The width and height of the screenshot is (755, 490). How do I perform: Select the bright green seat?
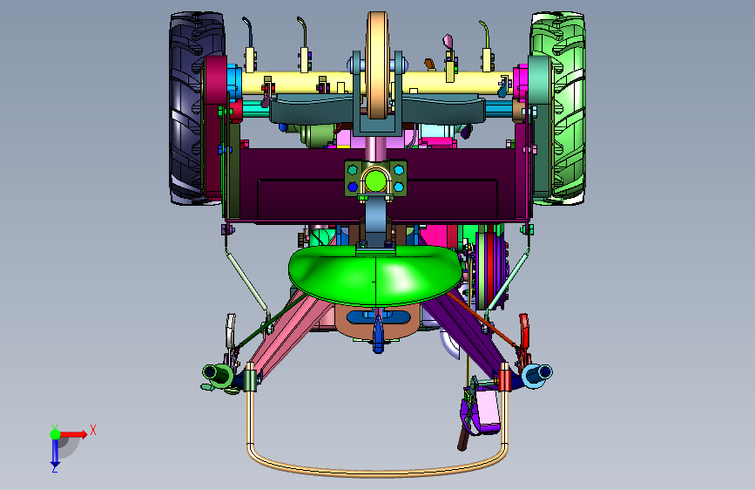tap(374, 275)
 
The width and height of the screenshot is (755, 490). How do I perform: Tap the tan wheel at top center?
tap(376, 65)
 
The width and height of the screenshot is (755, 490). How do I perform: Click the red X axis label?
tap(93, 430)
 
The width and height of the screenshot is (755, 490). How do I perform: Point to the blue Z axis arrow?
tap(55, 452)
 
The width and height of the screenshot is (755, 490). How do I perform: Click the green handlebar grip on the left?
tap(217, 373)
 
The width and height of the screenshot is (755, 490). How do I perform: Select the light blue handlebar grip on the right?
tap(537, 374)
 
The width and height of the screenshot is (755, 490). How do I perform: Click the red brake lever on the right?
tap(523, 335)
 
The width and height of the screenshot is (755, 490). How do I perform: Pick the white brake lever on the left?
tap(231, 330)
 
